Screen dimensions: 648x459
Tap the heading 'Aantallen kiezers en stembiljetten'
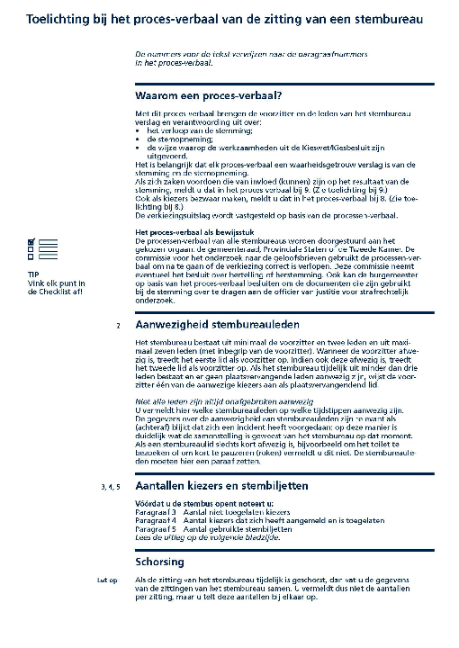tap(232, 485)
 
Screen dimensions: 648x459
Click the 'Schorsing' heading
tap(159, 562)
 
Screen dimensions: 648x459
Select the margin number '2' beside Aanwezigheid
tap(118, 324)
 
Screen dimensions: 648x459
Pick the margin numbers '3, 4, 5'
tap(110, 486)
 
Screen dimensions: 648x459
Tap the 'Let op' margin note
tap(108, 581)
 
